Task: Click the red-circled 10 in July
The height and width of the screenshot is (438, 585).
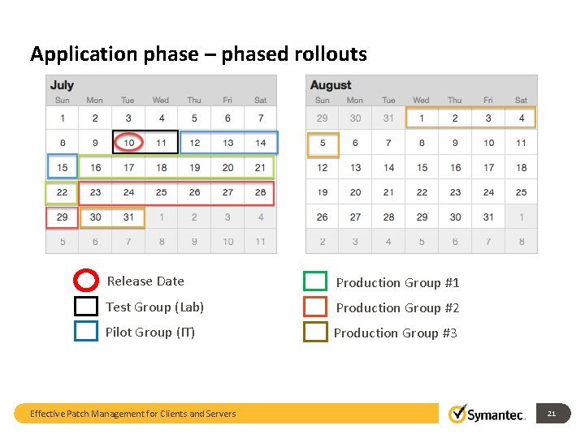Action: point(128,143)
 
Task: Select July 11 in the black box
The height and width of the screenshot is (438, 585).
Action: point(161,143)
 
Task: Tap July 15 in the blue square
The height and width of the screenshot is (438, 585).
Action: point(62,168)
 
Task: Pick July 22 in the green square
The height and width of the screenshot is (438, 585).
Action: point(62,193)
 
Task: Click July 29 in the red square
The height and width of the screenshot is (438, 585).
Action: point(62,217)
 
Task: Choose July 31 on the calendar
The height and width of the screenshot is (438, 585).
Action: point(128,217)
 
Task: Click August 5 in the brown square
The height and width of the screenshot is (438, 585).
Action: point(323,144)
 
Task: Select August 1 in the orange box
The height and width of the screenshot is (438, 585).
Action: point(421,118)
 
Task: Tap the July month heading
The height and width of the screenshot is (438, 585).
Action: point(63,85)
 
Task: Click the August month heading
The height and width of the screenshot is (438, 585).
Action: point(331,85)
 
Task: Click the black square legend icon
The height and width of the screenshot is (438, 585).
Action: point(86,307)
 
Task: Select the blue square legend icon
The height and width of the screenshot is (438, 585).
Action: point(86,332)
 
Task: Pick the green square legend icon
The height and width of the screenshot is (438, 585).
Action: point(315,281)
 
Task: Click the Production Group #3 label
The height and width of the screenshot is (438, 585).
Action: point(396,333)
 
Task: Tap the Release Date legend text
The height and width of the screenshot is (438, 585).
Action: point(145,281)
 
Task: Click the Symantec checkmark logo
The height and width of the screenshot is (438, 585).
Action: point(458,414)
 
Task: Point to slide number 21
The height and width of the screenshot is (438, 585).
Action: point(551,414)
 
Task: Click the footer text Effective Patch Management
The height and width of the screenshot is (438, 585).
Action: point(132,414)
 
